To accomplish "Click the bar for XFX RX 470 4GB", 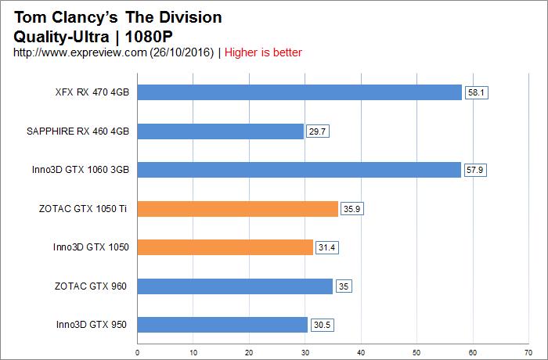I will [300, 92].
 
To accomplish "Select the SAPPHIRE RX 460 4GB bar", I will [221, 131].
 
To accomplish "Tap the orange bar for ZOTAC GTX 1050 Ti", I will [238, 209].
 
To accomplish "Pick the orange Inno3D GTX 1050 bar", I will [225, 247].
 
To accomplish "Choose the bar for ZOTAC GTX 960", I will [235, 286].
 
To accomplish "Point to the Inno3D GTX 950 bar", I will [223, 325].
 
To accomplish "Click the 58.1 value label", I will [476, 92].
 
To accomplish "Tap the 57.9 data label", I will [475, 170].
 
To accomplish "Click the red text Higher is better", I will [264, 52].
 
